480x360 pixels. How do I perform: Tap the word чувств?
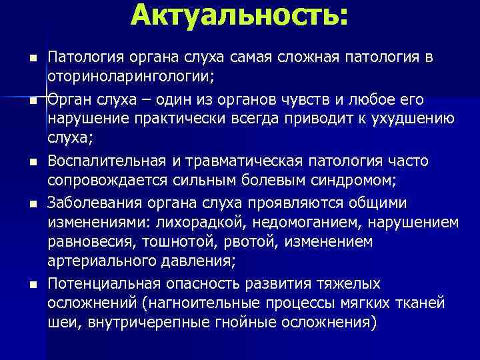320,100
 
